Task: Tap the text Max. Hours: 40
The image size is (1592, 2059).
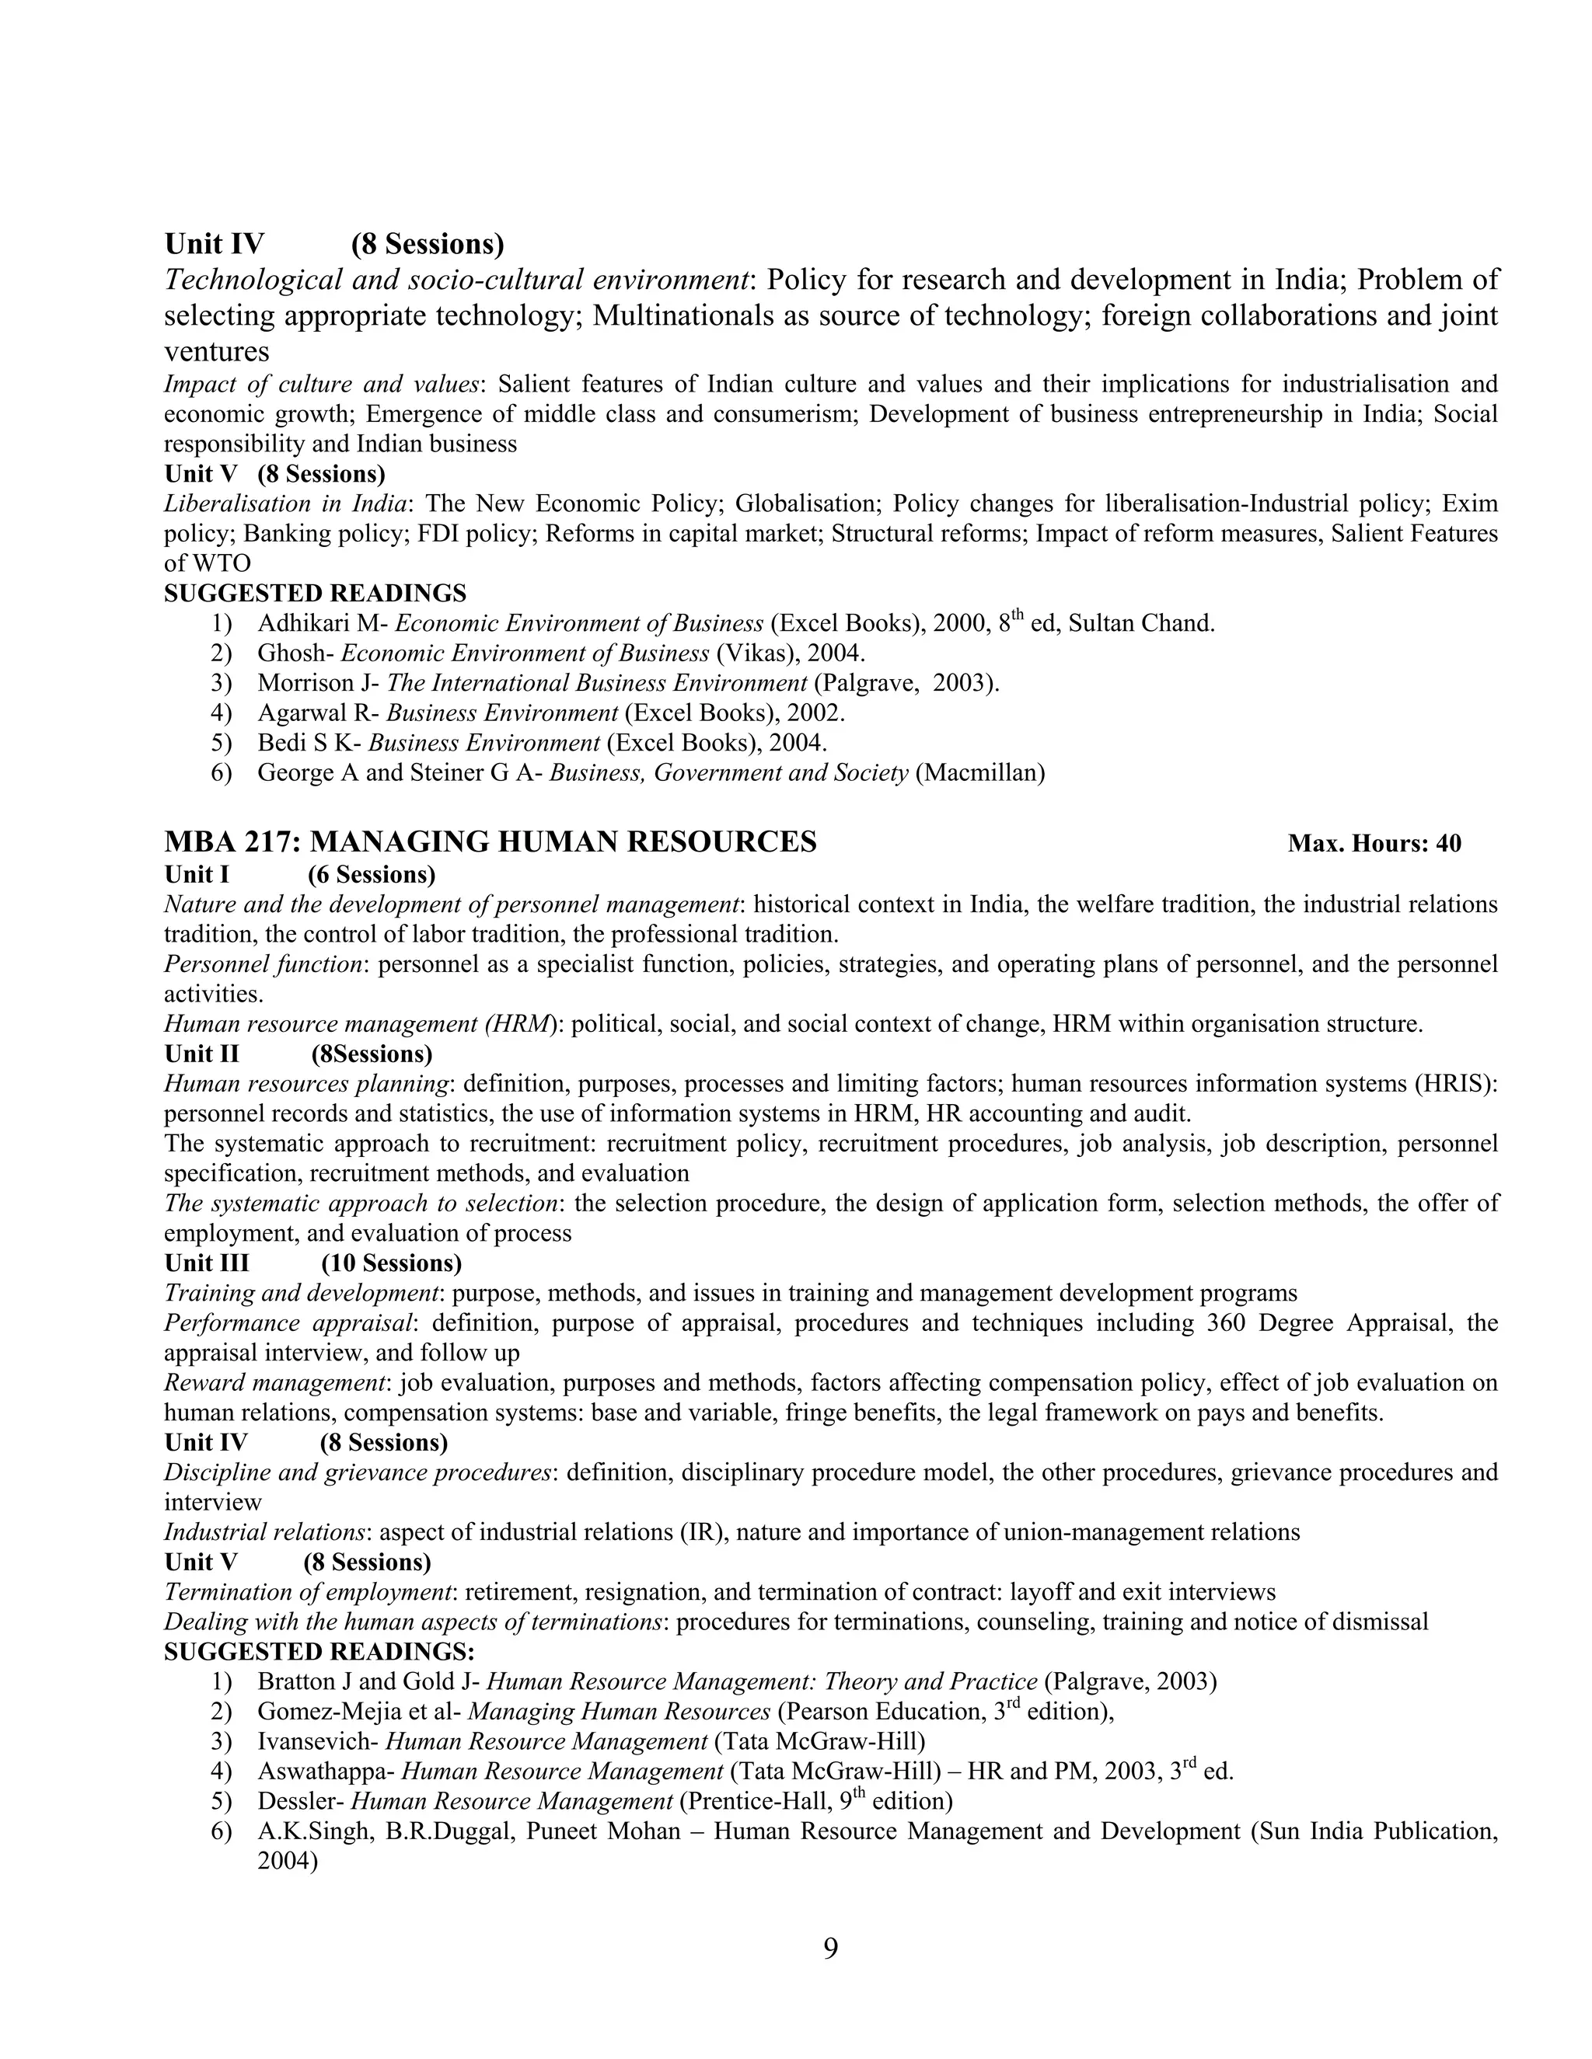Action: [1374, 844]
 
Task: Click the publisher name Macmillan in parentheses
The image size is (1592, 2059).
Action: [981, 774]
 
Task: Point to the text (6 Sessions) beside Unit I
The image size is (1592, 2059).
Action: [372, 875]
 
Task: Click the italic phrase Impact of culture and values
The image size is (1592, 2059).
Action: [322, 385]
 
